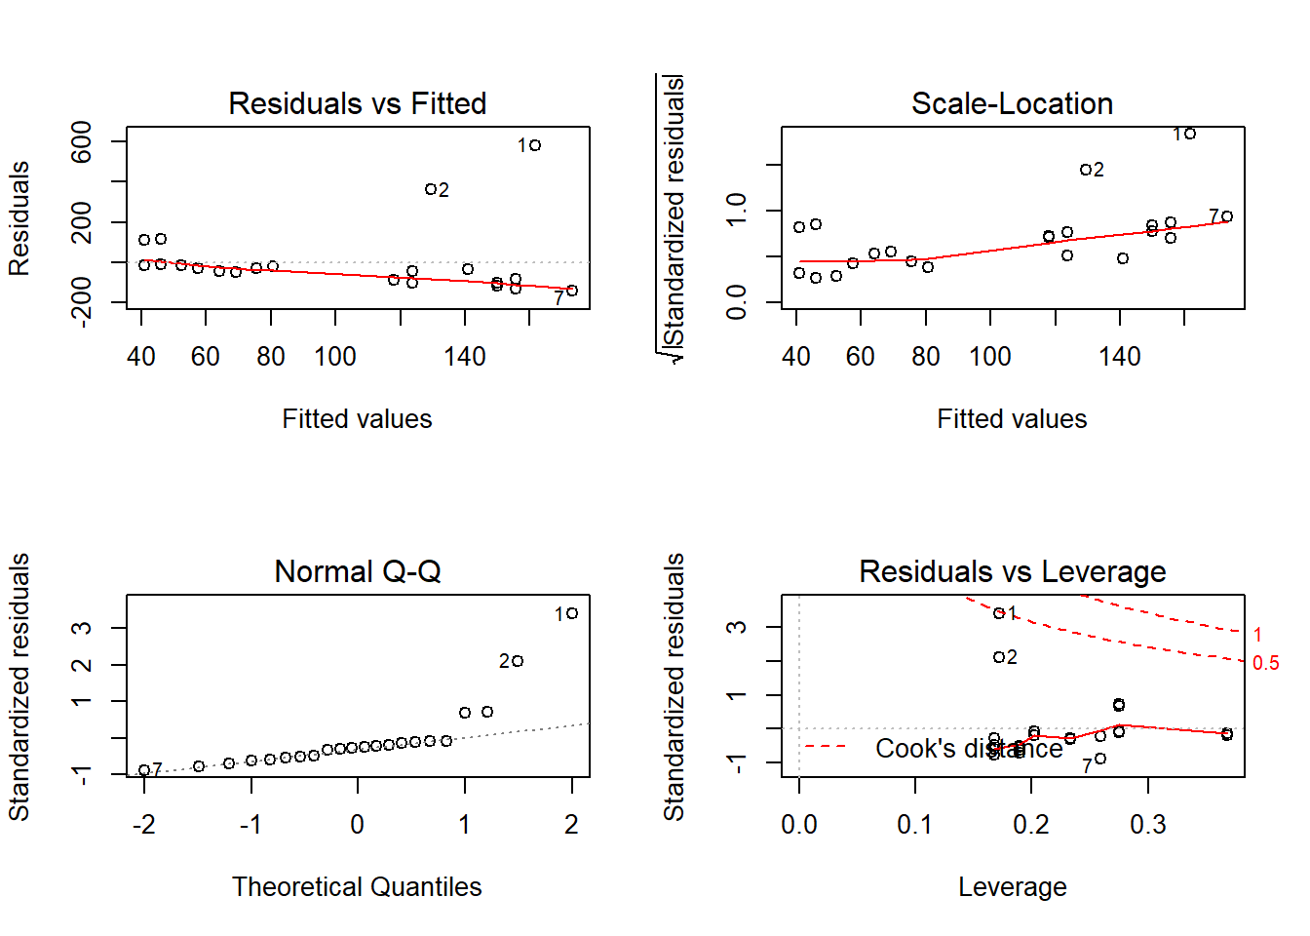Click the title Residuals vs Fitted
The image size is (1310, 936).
click(x=357, y=103)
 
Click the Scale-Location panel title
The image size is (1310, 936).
click(x=1012, y=103)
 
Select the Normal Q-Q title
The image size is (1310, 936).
click(x=357, y=571)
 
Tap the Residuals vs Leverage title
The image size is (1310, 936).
click(x=1012, y=571)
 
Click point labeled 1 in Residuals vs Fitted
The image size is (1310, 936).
click(x=535, y=145)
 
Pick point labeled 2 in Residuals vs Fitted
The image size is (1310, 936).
click(x=431, y=189)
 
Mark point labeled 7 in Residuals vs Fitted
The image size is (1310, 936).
click(x=572, y=291)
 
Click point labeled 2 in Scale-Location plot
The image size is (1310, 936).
click(x=1086, y=170)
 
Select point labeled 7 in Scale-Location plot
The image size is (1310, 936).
click(x=1227, y=216)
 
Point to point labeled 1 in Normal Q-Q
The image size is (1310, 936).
click(x=572, y=613)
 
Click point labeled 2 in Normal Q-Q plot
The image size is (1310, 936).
click(x=518, y=661)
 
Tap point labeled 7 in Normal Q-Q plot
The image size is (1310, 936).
click(x=144, y=770)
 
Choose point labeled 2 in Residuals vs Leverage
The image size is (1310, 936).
click(x=999, y=657)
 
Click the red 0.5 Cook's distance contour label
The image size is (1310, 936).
click(x=1265, y=663)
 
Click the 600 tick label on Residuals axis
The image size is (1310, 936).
click(x=82, y=142)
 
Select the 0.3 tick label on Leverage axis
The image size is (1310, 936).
click(x=1147, y=825)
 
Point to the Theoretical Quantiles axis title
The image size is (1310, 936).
click(x=357, y=886)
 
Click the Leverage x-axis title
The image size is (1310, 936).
click(x=1012, y=886)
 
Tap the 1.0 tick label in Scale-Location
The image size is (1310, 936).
click(x=737, y=210)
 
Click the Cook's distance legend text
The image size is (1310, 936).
click(x=969, y=749)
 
